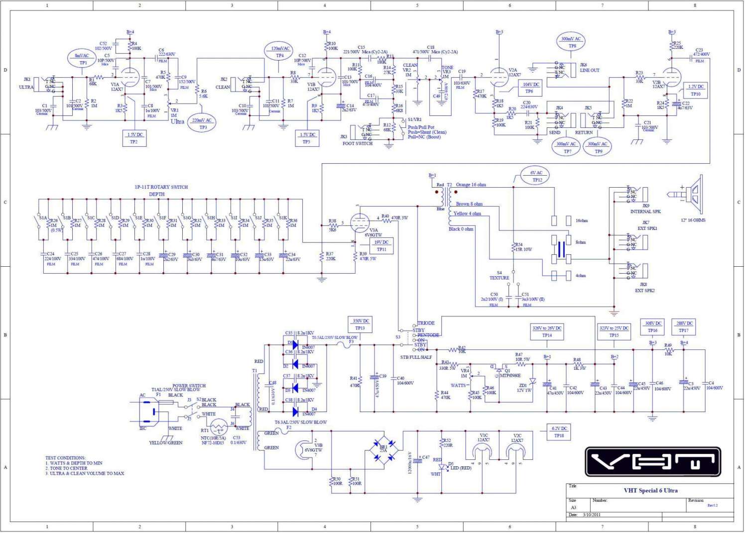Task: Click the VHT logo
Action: (x=652, y=462)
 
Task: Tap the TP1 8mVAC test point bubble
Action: (x=82, y=59)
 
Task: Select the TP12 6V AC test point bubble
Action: (x=536, y=176)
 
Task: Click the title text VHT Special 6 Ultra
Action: (x=650, y=491)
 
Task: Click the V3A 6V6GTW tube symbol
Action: (x=360, y=222)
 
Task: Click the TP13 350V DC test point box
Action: (x=361, y=324)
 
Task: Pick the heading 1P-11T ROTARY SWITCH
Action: (x=161, y=187)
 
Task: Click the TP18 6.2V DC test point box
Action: (x=559, y=432)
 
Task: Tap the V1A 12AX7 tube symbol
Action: (x=130, y=77)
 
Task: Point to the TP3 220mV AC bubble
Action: (x=202, y=123)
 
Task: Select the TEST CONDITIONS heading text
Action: (x=65, y=458)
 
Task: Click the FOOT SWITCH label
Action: (x=357, y=144)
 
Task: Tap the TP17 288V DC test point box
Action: (x=684, y=326)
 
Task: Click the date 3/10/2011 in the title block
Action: (x=592, y=515)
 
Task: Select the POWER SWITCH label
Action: (x=189, y=386)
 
